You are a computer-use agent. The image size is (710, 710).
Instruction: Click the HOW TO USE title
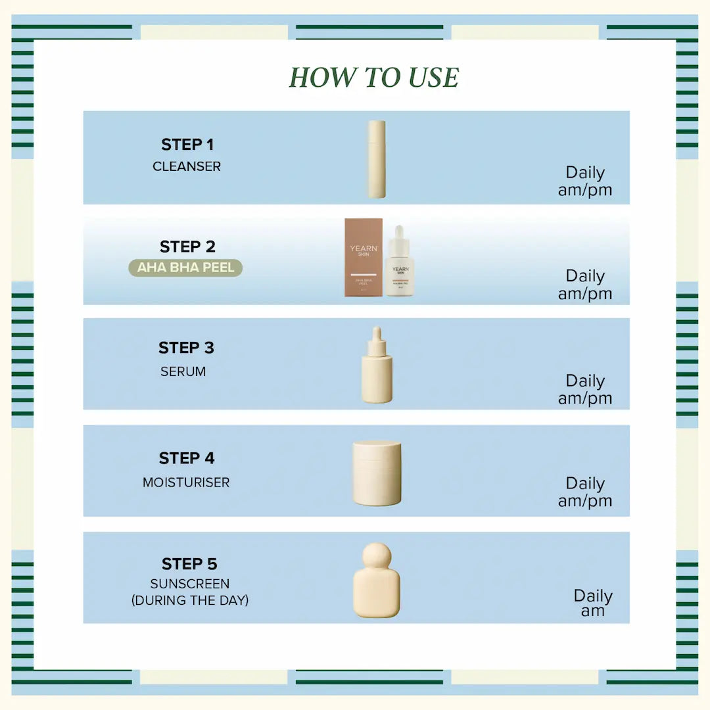373,78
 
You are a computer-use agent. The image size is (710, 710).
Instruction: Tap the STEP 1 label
187,145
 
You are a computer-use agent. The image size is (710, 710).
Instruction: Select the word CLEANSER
187,166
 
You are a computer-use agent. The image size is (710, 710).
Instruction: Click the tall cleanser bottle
377,159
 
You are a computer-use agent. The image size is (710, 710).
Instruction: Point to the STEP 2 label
187,247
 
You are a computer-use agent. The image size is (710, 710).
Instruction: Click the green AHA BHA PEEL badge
185,268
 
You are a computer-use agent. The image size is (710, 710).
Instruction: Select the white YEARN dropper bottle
400,263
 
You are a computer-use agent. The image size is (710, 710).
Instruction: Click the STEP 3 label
186,348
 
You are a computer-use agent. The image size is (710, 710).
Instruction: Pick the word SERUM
183,371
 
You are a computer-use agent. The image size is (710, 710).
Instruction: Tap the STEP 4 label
187,458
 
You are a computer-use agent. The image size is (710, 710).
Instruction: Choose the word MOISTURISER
186,483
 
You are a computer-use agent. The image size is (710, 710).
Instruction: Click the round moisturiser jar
377,473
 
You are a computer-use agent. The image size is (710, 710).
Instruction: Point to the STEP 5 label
189,564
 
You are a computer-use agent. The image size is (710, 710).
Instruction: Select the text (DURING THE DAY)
190,600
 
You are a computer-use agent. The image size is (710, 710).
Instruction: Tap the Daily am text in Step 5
593,603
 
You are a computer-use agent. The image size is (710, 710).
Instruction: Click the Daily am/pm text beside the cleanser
585,181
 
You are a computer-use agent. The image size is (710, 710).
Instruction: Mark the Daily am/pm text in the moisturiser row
585,492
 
